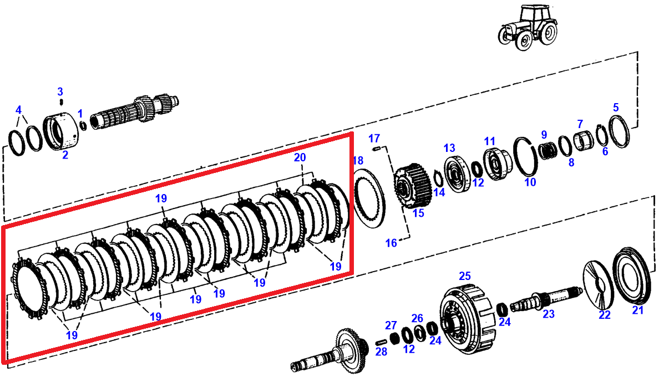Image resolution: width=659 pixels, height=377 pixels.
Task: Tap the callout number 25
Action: coord(464,276)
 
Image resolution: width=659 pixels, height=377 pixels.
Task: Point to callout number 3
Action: coord(60,91)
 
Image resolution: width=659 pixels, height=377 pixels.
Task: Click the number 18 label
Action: coord(358,161)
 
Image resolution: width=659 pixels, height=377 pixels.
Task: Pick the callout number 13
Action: coord(449,148)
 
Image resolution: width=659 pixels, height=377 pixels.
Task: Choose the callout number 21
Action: coord(638,310)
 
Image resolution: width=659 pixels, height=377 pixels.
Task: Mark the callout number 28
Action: coord(381,351)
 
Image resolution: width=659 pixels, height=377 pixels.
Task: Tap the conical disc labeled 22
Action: coord(600,283)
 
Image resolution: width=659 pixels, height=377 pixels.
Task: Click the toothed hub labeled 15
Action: coord(412,186)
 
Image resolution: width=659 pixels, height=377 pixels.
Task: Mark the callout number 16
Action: coord(392,243)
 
